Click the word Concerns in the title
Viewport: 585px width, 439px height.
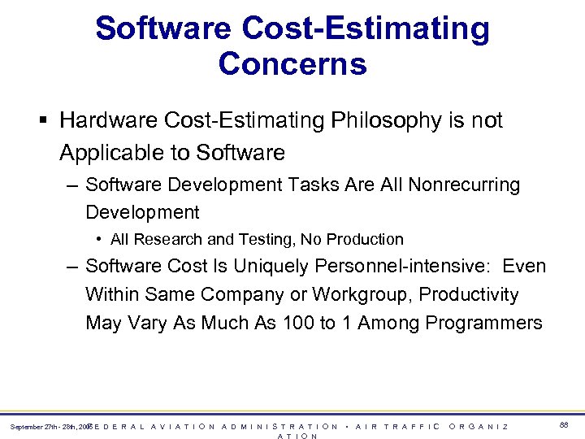(292, 63)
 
